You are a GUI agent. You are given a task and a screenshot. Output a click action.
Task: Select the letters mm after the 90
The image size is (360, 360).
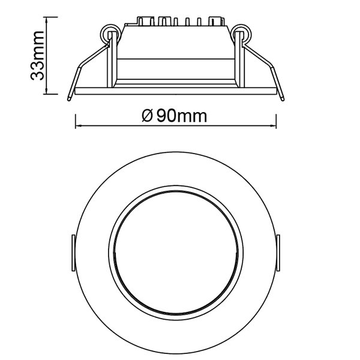(x=194, y=116)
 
